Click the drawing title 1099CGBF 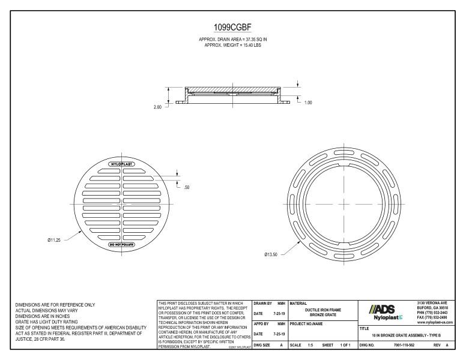point(233,28)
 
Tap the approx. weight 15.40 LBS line point(233,45)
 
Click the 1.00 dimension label point(308,103)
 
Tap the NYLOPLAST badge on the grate point(122,164)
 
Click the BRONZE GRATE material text point(324,314)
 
